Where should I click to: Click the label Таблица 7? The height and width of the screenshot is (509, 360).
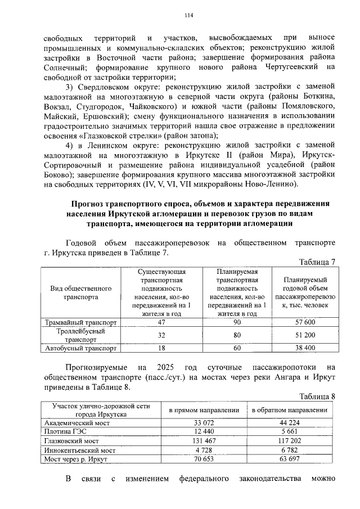[x=317, y=262]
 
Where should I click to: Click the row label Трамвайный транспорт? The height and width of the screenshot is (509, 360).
[x=81, y=323]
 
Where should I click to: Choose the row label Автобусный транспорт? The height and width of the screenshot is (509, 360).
[x=81, y=348]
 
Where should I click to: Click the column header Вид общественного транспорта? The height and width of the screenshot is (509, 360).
[x=81, y=292]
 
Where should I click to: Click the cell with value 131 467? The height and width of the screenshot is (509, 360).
[x=205, y=441]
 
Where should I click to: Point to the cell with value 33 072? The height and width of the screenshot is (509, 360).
[x=205, y=422]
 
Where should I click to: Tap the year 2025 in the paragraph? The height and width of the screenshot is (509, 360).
[x=168, y=367]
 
